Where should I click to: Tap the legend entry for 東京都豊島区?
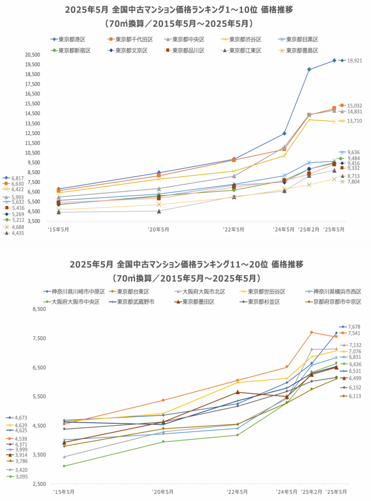click(x=299, y=51)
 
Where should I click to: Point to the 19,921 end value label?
click(x=355, y=60)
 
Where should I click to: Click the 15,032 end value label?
click(x=355, y=105)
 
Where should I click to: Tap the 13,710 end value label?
click(x=355, y=121)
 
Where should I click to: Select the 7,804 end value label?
click(x=353, y=182)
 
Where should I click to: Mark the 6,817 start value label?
click(x=17, y=178)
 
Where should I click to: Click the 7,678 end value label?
click(x=353, y=326)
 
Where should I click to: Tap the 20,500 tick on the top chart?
click(x=32, y=55)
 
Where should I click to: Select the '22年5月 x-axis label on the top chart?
click(x=234, y=229)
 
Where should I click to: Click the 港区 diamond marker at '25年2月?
click(x=309, y=69)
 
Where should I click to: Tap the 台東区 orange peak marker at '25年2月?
click(x=311, y=332)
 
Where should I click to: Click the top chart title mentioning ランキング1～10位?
click(x=178, y=9)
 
